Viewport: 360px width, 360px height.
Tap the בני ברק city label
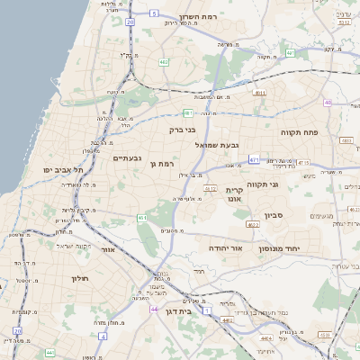pos(183,130)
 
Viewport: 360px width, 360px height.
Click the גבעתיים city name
pos(127,158)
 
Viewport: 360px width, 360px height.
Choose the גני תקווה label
pos(286,184)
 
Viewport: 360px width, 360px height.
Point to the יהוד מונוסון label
pos(285,248)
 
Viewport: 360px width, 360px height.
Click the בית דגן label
pos(180,310)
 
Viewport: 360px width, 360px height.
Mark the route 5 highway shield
pos(154,13)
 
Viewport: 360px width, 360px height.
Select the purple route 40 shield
pos(328,103)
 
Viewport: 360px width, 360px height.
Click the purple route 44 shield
pos(154,309)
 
